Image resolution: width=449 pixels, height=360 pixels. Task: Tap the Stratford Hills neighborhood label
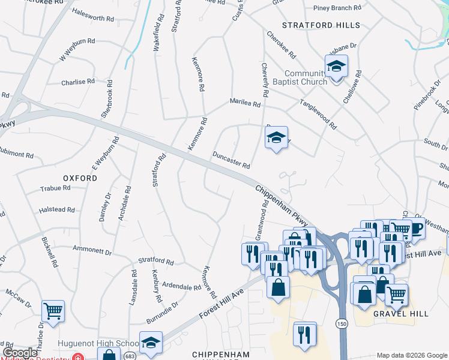321,25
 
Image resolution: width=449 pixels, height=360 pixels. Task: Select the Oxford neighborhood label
80,178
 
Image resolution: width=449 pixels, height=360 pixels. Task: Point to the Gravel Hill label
393,314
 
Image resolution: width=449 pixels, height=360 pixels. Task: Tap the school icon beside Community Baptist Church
337,67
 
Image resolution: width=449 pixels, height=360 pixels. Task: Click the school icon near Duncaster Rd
276,138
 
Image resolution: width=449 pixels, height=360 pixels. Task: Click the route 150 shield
341,323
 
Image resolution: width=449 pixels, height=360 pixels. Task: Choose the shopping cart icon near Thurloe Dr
53,311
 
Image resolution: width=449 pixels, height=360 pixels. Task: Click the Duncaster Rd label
231,160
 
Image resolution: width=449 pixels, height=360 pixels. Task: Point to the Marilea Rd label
245,103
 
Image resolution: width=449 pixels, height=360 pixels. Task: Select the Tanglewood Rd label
318,115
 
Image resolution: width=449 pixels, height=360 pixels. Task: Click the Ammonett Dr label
92,249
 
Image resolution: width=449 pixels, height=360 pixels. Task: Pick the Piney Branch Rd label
338,8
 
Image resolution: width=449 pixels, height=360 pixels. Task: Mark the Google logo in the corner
20,352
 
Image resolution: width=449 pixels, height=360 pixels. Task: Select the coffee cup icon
415,229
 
